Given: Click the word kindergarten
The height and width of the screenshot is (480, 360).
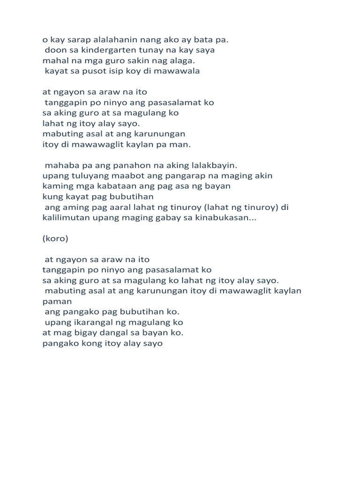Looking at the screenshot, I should pos(106,50).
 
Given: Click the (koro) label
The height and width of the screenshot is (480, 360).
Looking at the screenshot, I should pos(55,239).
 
